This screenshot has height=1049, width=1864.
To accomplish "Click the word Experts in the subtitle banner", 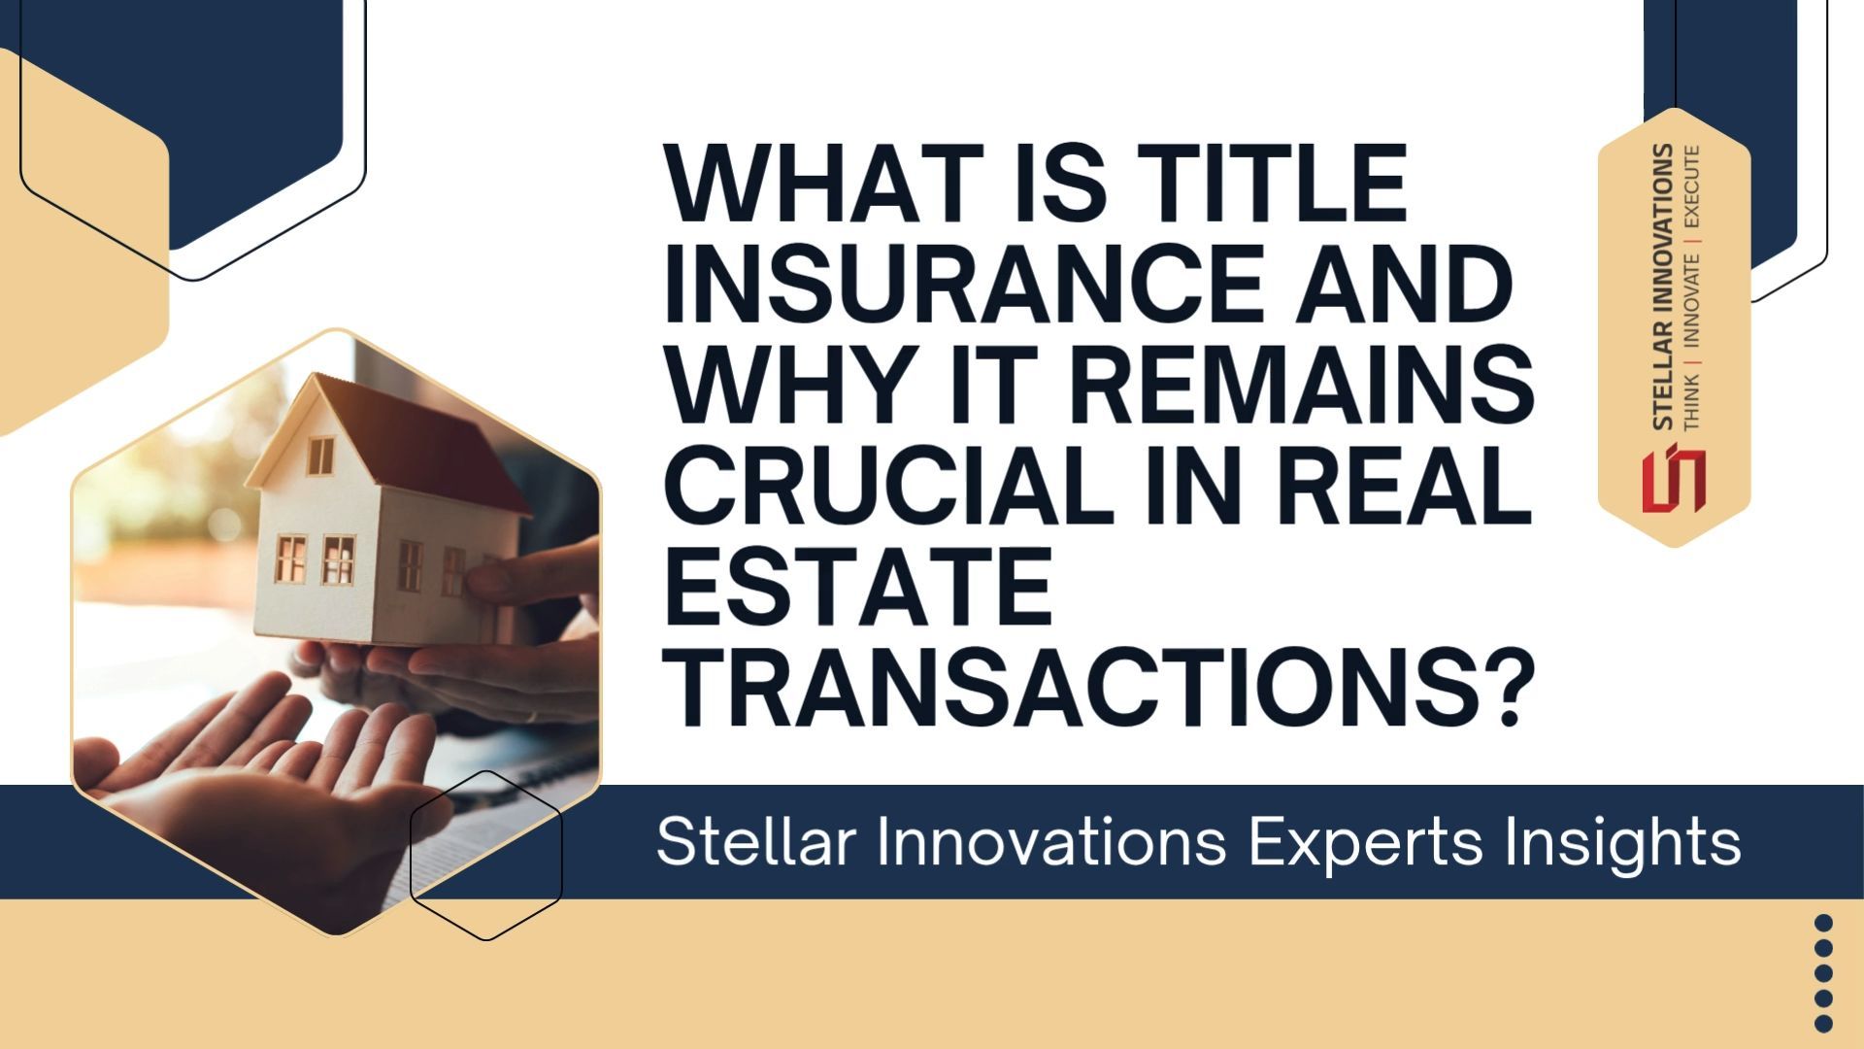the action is (x=1365, y=842).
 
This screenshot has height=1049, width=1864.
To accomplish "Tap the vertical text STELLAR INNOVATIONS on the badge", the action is (x=1662, y=287).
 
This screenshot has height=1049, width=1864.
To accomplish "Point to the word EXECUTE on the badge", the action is (x=1692, y=187).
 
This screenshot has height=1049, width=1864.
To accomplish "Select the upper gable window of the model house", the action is (x=320, y=456).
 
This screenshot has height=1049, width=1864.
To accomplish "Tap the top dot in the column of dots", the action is (x=1823, y=923).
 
